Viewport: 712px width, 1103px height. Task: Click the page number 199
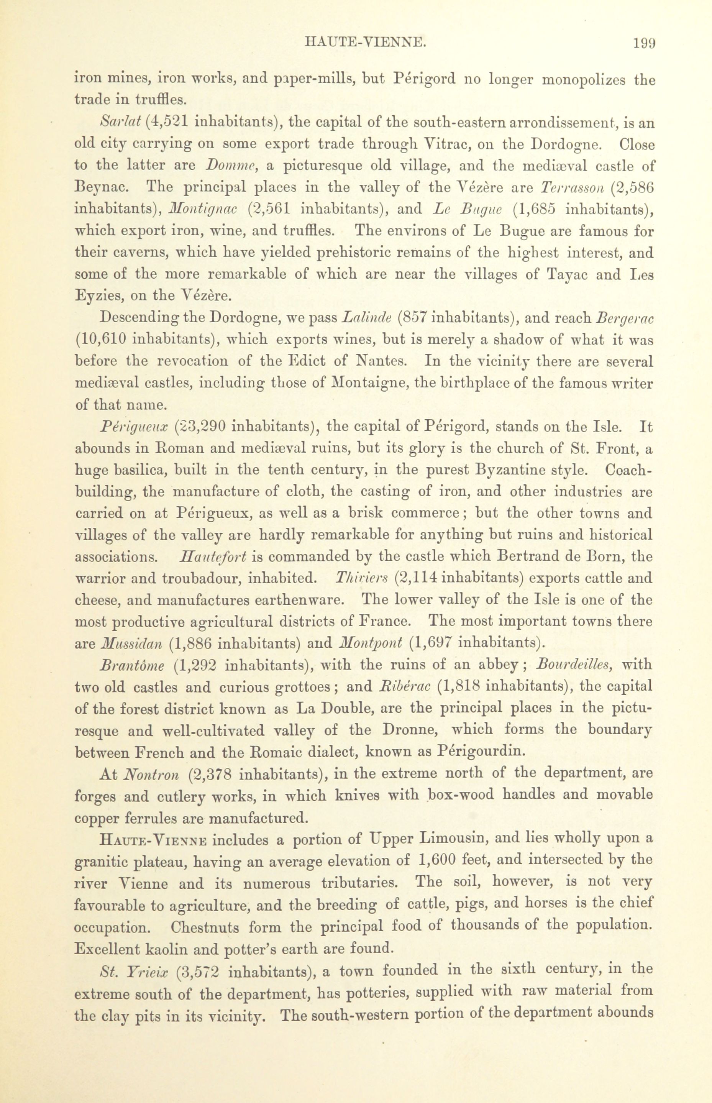(x=644, y=43)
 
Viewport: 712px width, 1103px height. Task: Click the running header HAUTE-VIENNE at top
(x=365, y=43)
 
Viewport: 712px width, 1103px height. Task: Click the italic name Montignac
(x=203, y=209)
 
